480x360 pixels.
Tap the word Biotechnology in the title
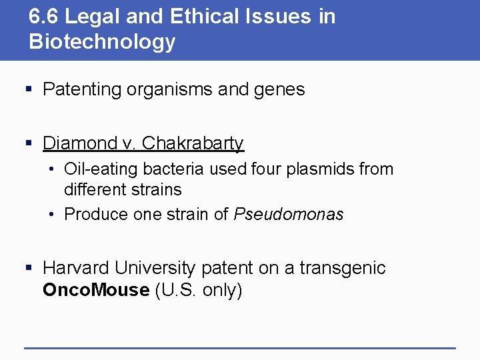(x=102, y=42)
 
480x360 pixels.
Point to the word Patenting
(x=81, y=90)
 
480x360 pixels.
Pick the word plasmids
(x=321, y=169)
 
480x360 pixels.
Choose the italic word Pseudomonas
(x=288, y=215)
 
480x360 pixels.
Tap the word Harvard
(x=76, y=268)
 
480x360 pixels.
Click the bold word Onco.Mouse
(x=96, y=290)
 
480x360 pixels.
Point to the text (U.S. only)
(x=198, y=290)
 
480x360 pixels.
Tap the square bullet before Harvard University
(x=28, y=268)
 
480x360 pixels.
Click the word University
(x=155, y=268)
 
